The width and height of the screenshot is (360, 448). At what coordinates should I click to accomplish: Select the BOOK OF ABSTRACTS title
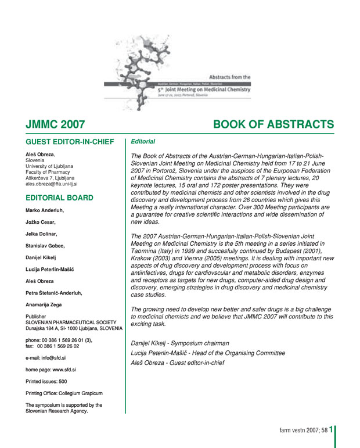(x=273, y=124)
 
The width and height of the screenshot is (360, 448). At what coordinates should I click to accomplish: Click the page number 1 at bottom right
(x=330, y=431)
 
